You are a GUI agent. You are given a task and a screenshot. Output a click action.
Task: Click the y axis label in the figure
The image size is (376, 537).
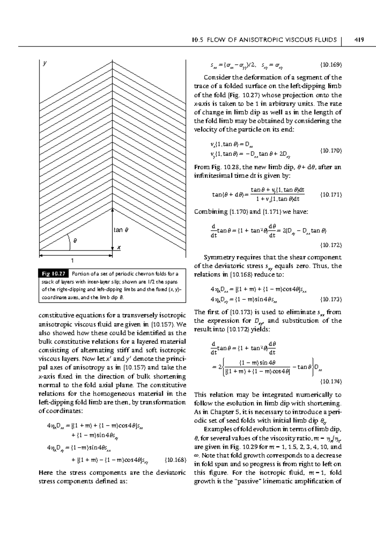point(45,63)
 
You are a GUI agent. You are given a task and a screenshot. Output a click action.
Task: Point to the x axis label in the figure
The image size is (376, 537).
point(119,247)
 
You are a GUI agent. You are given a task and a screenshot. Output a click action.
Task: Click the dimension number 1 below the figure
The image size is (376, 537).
point(72,260)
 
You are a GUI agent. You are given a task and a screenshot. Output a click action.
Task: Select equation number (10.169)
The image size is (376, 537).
point(331,65)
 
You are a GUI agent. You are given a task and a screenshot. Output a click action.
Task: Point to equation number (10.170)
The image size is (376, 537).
point(331,151)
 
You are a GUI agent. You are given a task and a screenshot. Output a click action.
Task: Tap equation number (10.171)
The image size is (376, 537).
point(331,194)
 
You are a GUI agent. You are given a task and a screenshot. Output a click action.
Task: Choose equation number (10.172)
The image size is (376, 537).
point(331,245)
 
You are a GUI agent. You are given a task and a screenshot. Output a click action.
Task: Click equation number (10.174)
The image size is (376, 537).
point(331,381)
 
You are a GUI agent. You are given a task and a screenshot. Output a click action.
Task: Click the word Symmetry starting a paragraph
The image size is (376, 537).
point(217,258)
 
